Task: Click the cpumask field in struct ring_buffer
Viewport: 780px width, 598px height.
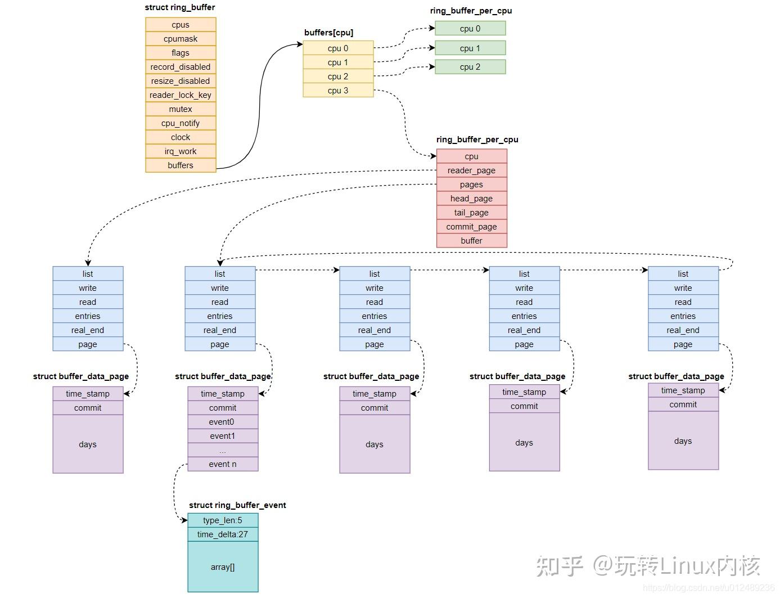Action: (x=181, y=39)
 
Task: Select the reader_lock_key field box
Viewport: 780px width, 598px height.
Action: (x=181, y=95)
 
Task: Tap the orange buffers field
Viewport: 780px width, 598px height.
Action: (x=181, y=165)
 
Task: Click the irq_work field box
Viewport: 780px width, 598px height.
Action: (x=181, y=151)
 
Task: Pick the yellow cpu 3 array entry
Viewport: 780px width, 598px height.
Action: (x=338, y=91)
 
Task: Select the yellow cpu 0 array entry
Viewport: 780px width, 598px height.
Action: (x=338, y=48)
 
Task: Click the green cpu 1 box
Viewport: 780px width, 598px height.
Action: (x=470, y=48)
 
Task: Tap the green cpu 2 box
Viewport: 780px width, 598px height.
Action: (x=470, y=67)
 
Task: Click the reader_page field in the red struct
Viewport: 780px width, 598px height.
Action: (x=471, y=170)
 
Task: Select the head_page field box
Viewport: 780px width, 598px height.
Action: (x=471, y=199)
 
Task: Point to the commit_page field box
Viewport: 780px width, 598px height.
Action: (x=471, y=227)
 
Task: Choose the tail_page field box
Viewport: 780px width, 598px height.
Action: (x=471, y=213)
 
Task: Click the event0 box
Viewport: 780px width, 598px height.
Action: (x=223, y=422)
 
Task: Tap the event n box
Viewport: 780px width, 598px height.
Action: (x=223, y=464)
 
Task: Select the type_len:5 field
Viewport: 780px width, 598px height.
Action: (x=223, y=520)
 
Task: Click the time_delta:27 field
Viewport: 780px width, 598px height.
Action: (x=223, y=534)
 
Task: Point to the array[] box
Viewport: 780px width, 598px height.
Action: (x=223, y=567)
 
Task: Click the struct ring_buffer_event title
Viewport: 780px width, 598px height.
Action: (x=237, y=505)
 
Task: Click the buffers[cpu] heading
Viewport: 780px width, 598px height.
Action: (x=329, y=33)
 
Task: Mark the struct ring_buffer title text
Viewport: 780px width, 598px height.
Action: (x=180, y=7)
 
